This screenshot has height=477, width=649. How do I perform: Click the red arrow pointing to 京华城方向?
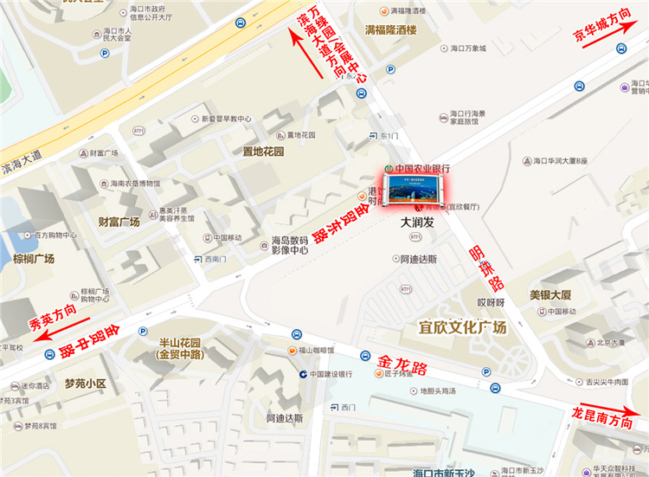(609, 53)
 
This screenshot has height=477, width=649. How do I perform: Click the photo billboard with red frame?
(415, 186)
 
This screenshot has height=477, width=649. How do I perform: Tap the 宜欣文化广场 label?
(462, 327)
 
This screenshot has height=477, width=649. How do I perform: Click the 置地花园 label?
(263, 151)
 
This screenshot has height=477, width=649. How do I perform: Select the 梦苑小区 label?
(84, 383)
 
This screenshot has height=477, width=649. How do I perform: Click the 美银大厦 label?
(550, 295)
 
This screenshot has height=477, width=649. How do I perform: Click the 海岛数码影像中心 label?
(290, 244)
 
